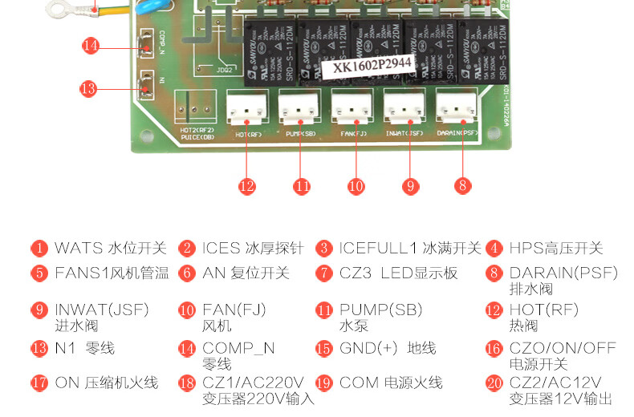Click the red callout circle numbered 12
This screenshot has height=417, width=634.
[x=246, y=185]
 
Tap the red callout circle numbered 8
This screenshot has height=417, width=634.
[x=461, y=185]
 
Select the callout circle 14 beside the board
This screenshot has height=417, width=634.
[x=91, y=46]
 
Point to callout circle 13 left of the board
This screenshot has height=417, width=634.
[x=88, y=88]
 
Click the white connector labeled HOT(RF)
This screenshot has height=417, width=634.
[x=245, y=106]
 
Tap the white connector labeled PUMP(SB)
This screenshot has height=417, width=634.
[x=298, y=106]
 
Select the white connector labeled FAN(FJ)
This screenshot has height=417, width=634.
[x=352, y=106]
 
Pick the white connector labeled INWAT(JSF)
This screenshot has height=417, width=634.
[x=404, y=106]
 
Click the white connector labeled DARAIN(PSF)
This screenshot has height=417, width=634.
[x=457, y=106]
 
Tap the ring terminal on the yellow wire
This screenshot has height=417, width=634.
[x=58, y=9]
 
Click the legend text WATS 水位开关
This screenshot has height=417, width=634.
[x=110, y=249]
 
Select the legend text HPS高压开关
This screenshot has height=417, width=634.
[x=555, y=249]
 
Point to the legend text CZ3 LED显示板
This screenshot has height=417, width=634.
[x=398, y=273]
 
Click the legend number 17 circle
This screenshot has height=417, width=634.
[x=39, y=383]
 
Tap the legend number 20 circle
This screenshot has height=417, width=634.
[x=494, y=383]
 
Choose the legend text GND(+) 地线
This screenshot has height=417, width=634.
[x=388, y=348]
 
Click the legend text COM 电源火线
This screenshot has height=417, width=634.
[x=391, y=383]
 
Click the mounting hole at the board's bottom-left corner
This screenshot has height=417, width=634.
[x=144, y=136]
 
